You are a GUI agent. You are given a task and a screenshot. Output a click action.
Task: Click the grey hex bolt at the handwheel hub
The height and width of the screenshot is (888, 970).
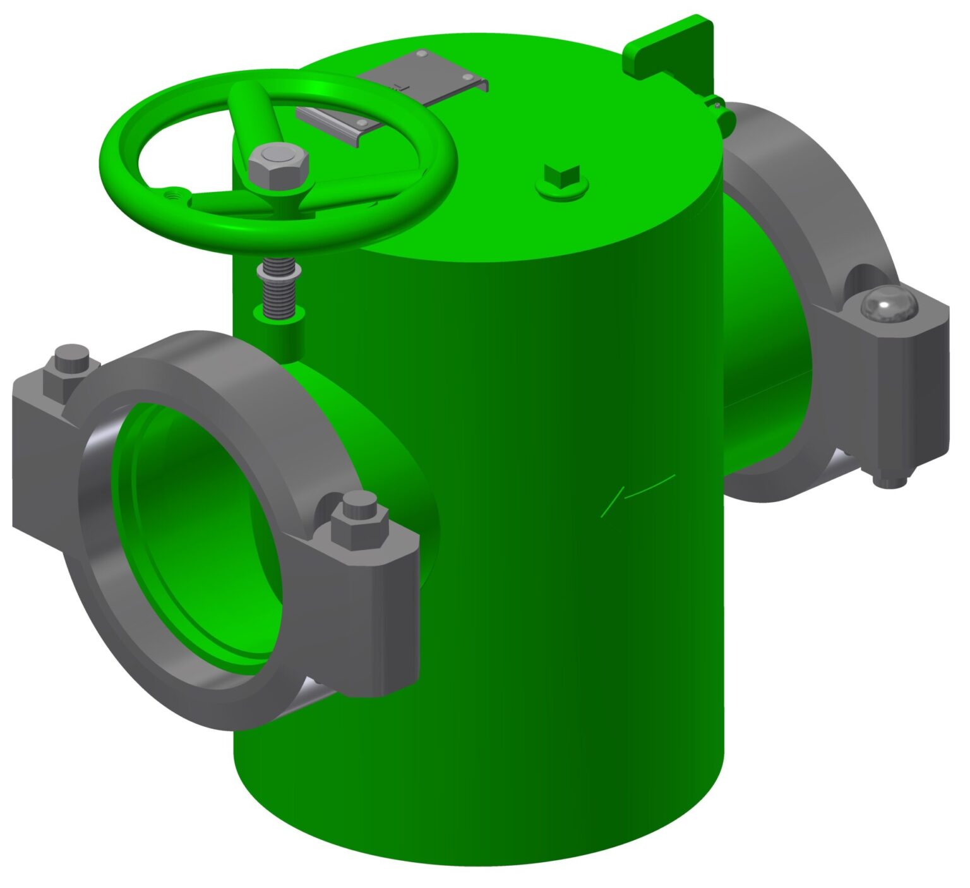[278, 165]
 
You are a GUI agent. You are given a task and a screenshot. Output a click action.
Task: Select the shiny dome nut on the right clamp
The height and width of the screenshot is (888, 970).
[888, 306]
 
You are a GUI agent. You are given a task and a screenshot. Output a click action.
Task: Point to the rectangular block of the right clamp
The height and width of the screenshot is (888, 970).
[909, 392]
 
